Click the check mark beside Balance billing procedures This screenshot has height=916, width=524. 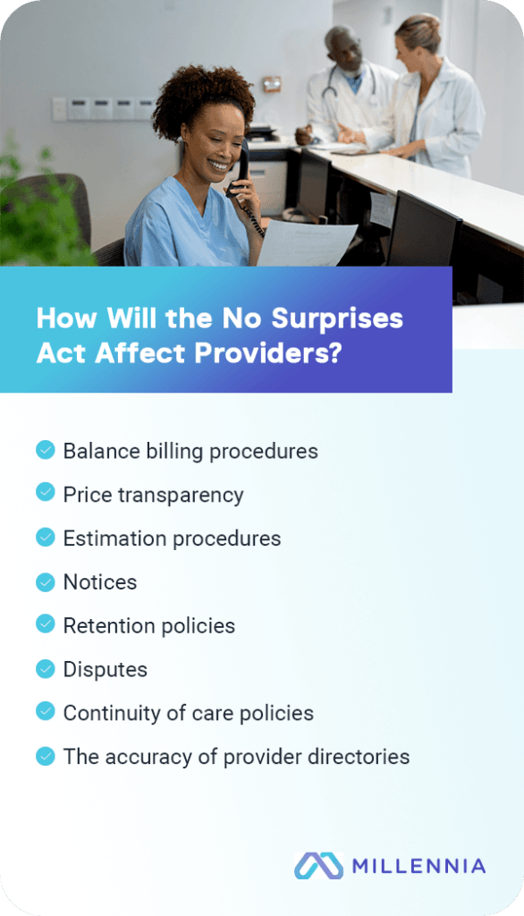click(x=45, y=449)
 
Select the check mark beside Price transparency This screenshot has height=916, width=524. click(x=45, y=493)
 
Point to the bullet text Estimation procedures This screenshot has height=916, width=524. click(x=172, y=539)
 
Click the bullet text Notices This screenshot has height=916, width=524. click(x=99, y=582)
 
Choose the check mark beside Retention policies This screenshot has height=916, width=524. click(x=45, y=624)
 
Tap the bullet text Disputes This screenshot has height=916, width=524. click(x=105, y=669)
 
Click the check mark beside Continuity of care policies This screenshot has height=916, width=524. click(x=45, y=712)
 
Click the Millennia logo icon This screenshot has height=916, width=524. click(x=318, y=865)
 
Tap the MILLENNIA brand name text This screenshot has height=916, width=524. click(x=418, y=866)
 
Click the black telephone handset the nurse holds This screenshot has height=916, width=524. click(x=240, y=170)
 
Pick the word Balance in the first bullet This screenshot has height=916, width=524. click(x=96, y=451)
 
